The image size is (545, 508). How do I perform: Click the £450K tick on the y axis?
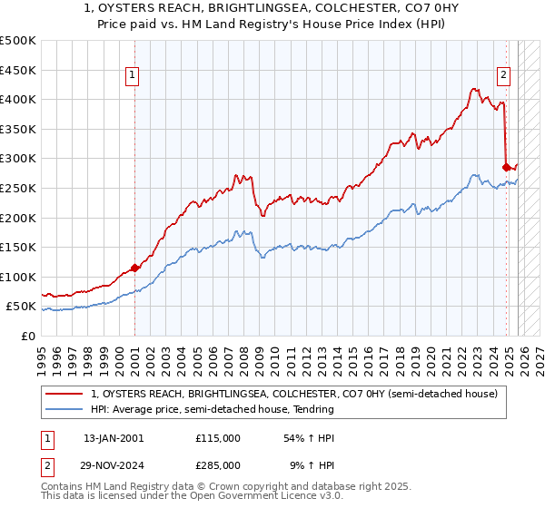click(18, 70)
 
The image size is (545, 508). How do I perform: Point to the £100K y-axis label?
click(18, 277)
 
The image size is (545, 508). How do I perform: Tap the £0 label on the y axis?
click(28, 336)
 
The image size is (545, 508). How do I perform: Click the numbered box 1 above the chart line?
click(133, 75)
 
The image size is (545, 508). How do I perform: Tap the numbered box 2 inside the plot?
click(503, 75)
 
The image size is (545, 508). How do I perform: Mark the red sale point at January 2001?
click(134, 268)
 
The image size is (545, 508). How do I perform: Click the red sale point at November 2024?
click(507, 167)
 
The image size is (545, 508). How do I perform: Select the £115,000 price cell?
click(217, 438)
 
